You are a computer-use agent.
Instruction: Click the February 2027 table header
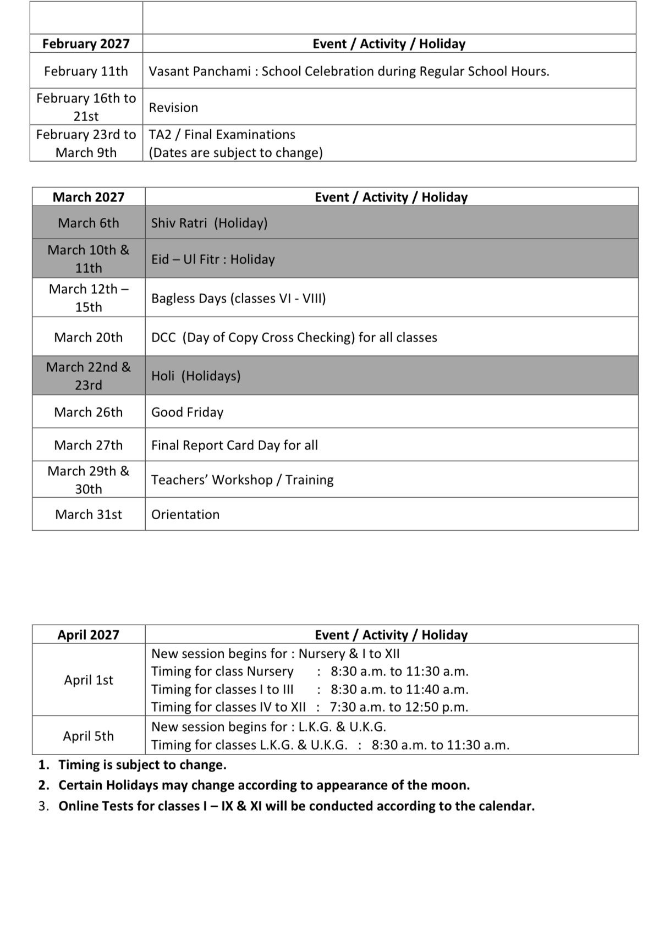86,44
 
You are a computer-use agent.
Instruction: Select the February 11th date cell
86,71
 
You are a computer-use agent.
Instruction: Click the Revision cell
173,108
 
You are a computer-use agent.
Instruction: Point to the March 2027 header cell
89,197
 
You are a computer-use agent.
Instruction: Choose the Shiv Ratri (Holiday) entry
209,223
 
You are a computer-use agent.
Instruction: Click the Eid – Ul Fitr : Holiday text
213,260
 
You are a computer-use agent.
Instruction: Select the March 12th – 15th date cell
89,298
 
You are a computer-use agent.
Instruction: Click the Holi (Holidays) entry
196,376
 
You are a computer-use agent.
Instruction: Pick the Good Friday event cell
187,412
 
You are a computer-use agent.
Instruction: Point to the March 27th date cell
89,445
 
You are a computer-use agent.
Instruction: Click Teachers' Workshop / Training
242,480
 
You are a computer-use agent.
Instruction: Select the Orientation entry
185,515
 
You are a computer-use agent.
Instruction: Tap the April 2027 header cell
89,635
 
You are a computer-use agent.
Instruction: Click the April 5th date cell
89,736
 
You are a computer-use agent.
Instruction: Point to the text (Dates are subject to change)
235,153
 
